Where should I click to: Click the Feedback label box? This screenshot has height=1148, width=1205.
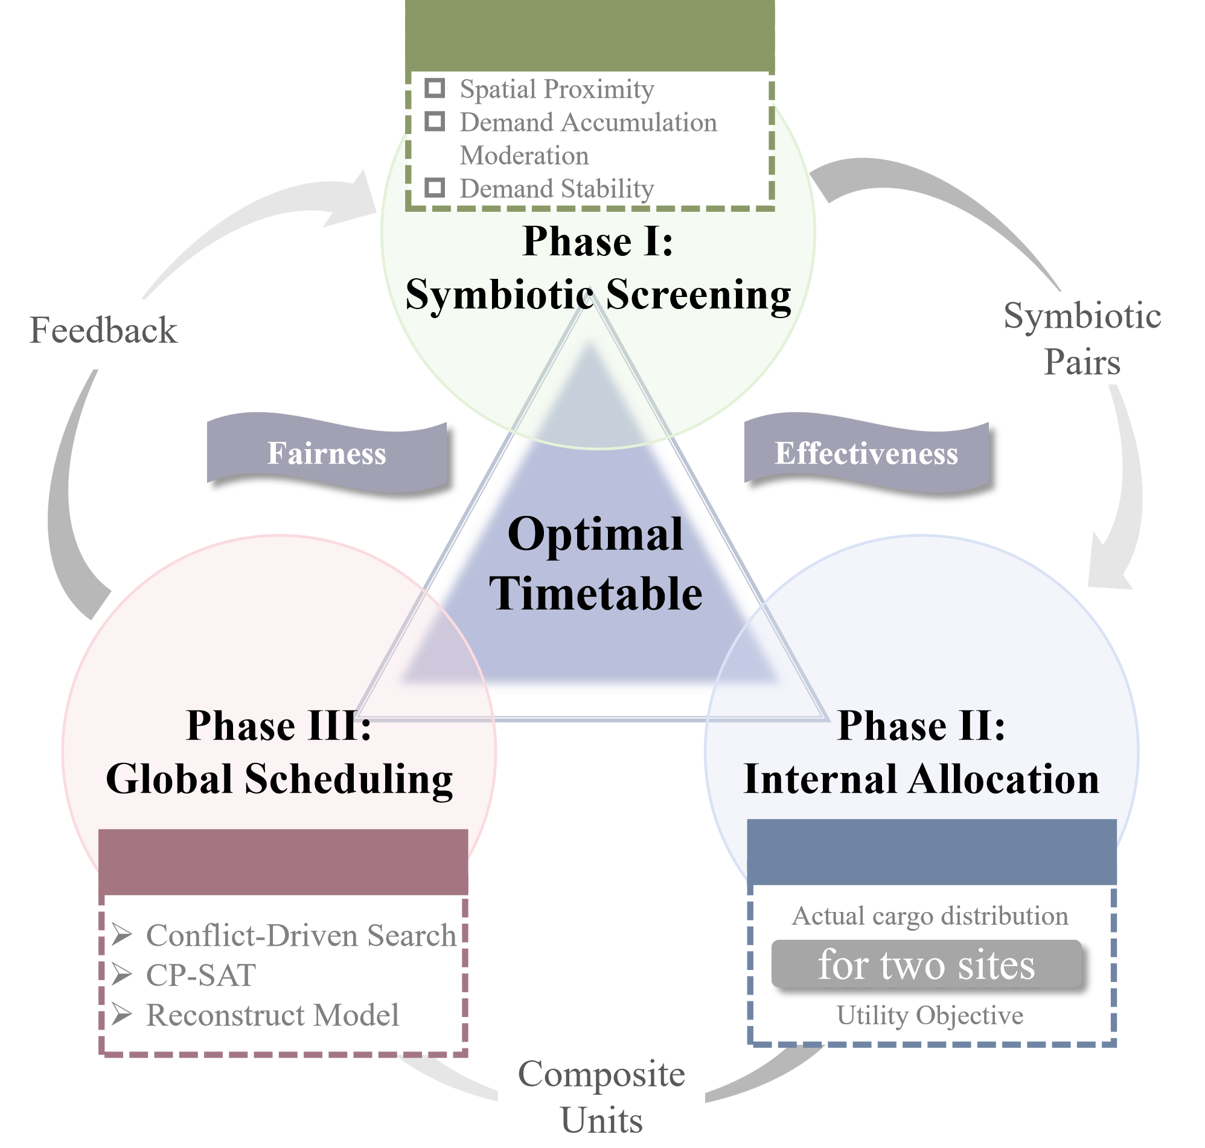pyautogui.click(x=103, y=334)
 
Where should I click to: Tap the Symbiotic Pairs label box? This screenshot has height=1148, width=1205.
pyautogui.click(x=1081, y=338)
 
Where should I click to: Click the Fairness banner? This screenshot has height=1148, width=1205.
pyautogui.click(x=327, y=453)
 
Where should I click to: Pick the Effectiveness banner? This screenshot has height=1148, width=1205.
pyautogui.click(x=866, y=453)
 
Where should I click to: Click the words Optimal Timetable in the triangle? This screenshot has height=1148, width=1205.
pyautogui.click(x=595, y=563)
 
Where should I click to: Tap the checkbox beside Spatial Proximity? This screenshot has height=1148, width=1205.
pyautogui.click(x=435, y=88)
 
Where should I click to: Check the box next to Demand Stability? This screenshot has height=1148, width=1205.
pyautogui.click(x=435, y=187)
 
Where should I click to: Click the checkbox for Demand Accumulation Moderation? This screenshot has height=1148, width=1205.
pyautogui.click(x=435, y=121)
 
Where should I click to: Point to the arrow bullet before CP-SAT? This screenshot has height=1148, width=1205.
pyautogui.click(x=122, y=974)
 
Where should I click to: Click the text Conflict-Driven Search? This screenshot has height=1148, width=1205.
pyautogui.click(x=301, y=935)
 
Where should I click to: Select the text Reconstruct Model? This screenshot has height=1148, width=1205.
pyautogui.click(x=272, y=1015)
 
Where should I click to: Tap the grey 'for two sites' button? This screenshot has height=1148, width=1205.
pyautogui.click(x=926, y=965)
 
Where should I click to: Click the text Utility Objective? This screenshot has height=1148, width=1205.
pyautogui.click(x=930, y=1015)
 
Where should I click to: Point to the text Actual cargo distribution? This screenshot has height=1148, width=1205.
pyautogui.click(x=930, y=916)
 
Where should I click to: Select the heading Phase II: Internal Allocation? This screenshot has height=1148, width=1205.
pyautogui.click(x=921, y=752)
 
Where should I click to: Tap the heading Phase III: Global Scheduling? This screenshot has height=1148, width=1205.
pyautogui.click(x=279, y=752)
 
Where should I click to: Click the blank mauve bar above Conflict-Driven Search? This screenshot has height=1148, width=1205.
pyautogui.click(x=283, y=862)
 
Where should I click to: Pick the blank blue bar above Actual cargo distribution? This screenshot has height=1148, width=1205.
pyautogui.click(x=932, y=851)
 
